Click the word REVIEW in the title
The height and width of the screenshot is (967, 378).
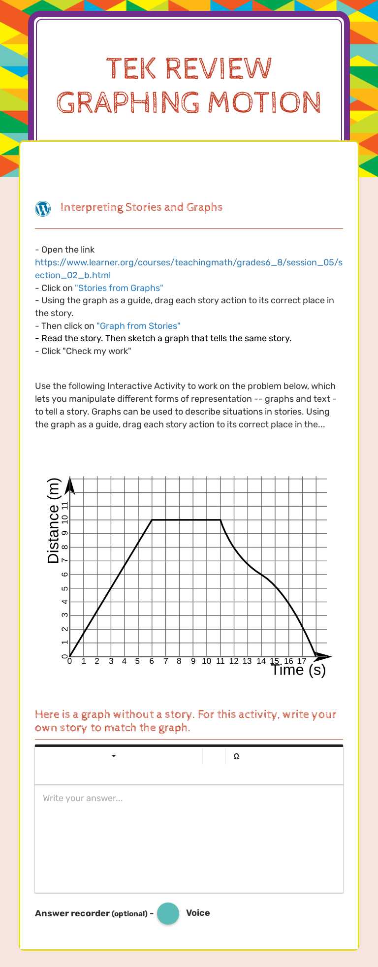218,68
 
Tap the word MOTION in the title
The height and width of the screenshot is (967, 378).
264,103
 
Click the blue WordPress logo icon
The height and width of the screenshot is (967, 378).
43,209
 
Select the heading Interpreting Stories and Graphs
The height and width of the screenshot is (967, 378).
141,207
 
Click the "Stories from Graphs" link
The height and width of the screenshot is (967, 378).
119,288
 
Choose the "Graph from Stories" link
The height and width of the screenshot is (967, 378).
138,326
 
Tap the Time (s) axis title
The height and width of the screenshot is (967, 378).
298,670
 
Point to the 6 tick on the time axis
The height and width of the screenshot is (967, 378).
152,661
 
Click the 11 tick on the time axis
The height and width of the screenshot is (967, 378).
220,661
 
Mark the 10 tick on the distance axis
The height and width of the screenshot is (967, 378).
64,520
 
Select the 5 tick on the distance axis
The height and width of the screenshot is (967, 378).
64,588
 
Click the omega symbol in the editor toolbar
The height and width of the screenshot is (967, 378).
236,756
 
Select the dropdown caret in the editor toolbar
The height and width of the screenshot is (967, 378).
114,756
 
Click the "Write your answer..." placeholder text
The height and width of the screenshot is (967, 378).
83,798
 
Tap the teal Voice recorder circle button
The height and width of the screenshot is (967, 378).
168,913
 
